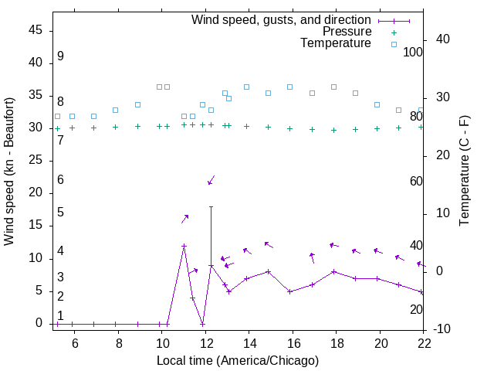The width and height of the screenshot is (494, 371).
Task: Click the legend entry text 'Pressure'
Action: point(346,32)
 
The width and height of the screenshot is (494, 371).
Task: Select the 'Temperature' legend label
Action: point(336,43)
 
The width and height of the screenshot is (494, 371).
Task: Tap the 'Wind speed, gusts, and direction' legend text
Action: point(281,19)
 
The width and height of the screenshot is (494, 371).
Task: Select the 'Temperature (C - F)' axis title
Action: point(464,172)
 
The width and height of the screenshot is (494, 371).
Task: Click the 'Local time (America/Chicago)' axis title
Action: point(238,360)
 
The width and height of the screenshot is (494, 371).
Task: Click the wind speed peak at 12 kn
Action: point(184,246)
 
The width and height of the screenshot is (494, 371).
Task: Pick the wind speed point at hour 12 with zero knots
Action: point(202,324)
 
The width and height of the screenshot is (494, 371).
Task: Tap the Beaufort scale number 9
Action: point(60,56)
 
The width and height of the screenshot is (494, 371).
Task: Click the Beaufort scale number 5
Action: point(60,212)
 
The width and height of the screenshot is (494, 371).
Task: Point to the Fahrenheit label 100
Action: point(414,52)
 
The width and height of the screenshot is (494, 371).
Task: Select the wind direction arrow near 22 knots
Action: point(211,180)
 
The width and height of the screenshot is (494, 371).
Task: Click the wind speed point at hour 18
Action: point(333,271)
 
